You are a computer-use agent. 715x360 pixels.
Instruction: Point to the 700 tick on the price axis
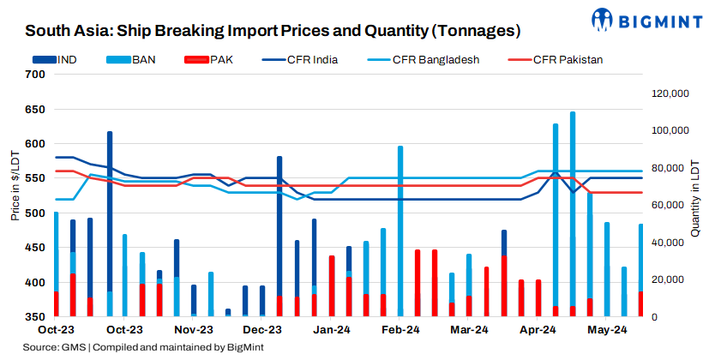34,75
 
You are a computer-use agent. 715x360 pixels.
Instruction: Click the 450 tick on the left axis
34,248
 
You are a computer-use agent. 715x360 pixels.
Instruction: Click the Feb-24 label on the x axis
400,329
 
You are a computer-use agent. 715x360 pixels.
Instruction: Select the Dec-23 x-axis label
262,329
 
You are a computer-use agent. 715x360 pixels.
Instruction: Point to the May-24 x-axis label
607,329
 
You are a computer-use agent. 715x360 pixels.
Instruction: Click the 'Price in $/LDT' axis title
15,185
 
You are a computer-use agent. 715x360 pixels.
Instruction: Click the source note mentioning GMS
143,347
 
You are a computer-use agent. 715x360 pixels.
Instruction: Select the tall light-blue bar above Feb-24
400,231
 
